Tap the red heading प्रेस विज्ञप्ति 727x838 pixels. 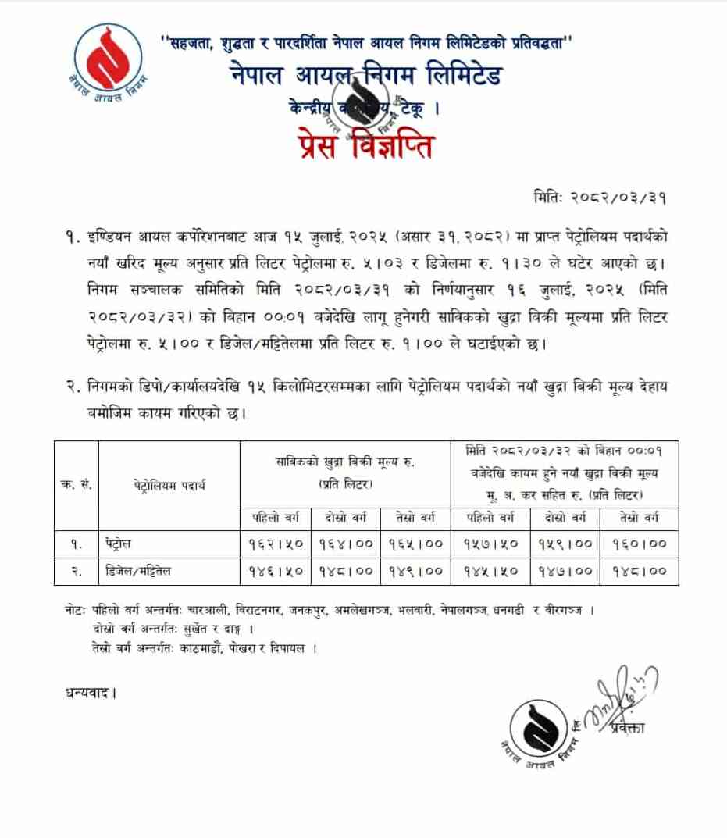(x=365, y=147)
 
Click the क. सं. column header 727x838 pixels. (x=77, y=485)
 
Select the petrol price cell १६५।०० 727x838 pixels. (x=415, y=542)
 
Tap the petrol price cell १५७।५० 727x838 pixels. (x=491, y=542)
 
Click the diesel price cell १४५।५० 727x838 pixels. (x=491, y=571)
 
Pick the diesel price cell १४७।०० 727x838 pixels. (x=565, y=571)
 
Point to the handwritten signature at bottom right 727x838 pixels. (x=622, y=694)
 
